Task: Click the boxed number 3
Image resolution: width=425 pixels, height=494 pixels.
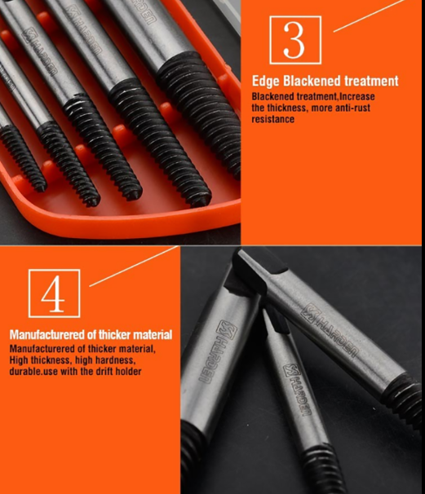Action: (x=295, y=40)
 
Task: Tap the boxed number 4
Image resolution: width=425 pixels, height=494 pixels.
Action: (x=54, y=293)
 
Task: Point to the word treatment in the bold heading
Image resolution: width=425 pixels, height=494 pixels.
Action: (x=371, y=81)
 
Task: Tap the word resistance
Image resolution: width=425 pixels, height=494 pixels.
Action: (x=273, y=119)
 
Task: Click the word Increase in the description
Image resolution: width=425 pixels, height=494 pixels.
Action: (x=357, y=96)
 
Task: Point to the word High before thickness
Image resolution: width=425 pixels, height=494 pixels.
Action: (x=19, y=360)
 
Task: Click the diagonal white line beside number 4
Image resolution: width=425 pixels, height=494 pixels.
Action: (x=135, y=267)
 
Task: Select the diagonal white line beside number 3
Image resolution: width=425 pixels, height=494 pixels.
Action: (x=369, y=15)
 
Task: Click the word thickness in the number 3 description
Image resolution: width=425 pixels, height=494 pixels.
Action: (x=286, y=108)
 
